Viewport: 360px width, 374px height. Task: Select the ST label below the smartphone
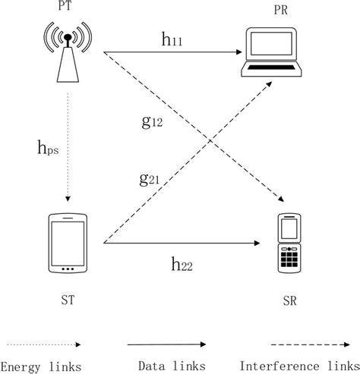click(68, 300)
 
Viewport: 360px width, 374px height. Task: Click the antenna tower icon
click(68, 51)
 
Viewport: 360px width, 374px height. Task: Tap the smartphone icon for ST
click(68, 244)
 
